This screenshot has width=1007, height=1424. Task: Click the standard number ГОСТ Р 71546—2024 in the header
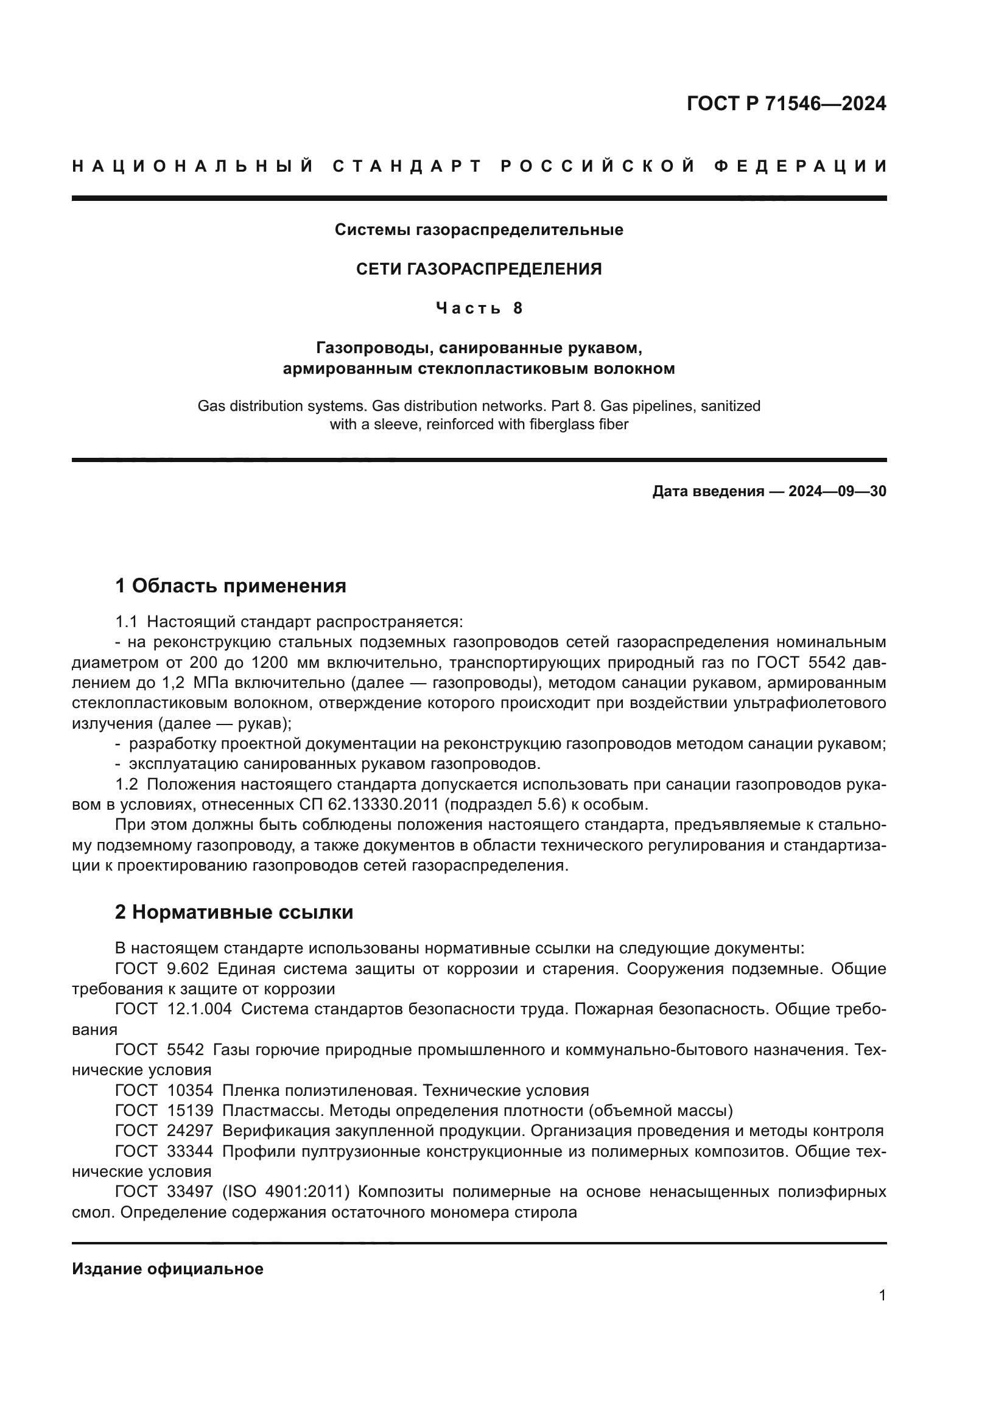coord(785,103)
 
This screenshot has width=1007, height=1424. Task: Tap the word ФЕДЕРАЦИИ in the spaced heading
coord(800,166)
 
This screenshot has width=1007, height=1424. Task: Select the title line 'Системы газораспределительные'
coord(479,230)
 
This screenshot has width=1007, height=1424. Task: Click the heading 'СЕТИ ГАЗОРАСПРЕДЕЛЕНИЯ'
coord(479,269)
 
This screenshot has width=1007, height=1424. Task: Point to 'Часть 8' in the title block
coord(479,308)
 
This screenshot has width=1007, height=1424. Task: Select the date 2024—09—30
coord(837,492)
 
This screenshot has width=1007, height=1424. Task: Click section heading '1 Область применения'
coord(231,586)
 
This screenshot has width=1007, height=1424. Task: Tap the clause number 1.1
coord(127,622)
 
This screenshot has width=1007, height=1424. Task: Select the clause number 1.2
coord(127,785)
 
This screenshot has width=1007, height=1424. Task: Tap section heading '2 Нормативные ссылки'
coord(234,913)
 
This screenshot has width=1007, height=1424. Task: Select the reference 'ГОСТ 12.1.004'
coord(173,1009)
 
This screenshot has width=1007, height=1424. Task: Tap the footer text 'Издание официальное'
coord(167,1269)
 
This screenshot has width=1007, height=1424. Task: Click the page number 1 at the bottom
coord(882,1296)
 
